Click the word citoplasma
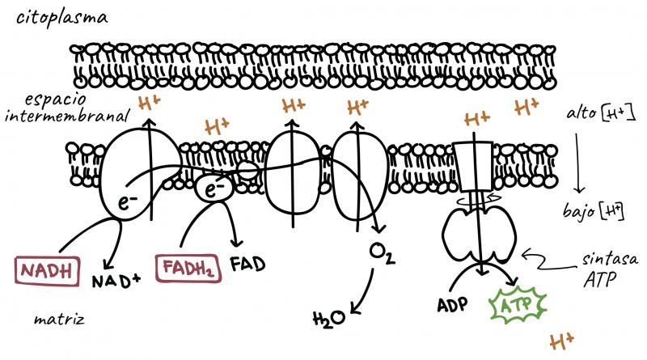click(62, 18)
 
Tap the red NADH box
click(47, 271)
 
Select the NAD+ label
click(116, 281)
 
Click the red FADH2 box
click(188, 268)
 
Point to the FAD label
click(247, 265)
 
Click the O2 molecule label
click(382, 253)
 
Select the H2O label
click(328, 318)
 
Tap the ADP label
click(452, 305)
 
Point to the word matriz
click(59, 319)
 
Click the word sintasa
click(610, 259)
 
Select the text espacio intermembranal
click(66, 108)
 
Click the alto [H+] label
click(600, 113)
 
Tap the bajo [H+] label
click(593, 212)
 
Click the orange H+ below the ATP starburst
click(561, 342)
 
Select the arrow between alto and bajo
click(579, 163)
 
